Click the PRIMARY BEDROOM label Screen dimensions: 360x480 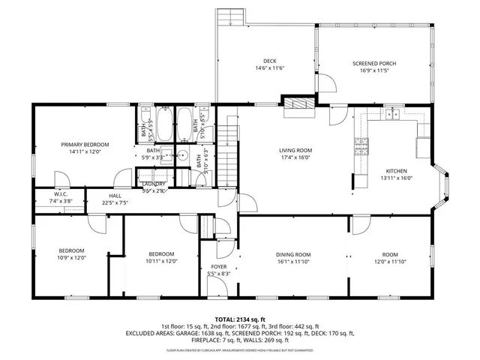(85, 144)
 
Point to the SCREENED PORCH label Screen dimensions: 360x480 (374, 64)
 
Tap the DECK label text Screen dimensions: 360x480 (269, 61)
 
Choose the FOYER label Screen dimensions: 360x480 (218, 267)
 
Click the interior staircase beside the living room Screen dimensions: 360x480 (228, 142)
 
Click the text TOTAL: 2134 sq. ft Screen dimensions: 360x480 (240, 319)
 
